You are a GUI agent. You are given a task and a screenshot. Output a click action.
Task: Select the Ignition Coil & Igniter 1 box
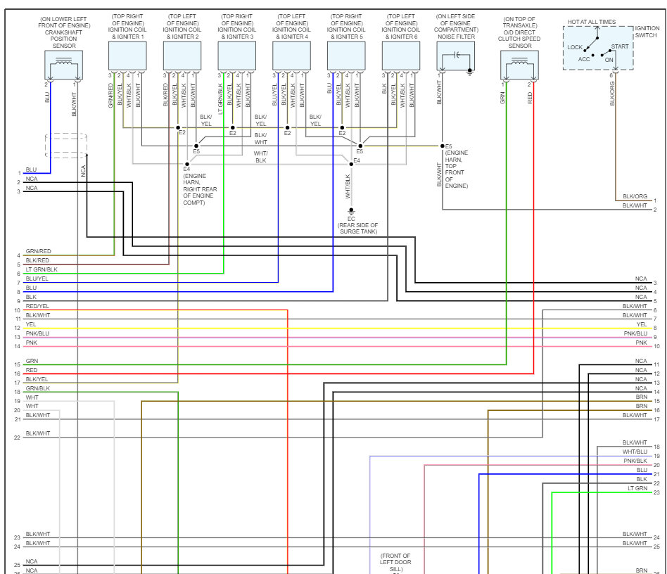point(127,56)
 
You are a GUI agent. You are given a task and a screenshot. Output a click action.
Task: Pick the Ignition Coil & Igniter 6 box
point(401,56)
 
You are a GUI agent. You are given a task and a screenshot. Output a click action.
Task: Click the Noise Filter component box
point(456,56)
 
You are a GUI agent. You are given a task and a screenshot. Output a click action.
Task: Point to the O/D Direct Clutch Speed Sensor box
point(519,65)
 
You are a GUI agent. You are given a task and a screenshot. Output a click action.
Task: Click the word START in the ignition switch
point(620,46)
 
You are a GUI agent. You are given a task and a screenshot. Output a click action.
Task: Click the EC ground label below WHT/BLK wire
point(351,219)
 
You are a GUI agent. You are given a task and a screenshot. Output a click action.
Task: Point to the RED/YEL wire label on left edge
point(37,306)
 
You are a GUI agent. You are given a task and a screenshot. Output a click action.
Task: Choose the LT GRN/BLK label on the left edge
point(42,269)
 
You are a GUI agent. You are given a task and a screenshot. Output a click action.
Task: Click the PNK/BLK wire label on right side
point(635,461)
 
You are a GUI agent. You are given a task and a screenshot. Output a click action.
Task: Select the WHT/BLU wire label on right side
point(635,452)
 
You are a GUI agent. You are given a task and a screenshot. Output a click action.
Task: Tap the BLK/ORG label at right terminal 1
point(635,196)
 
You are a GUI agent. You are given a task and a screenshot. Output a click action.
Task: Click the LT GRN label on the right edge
point(637,488)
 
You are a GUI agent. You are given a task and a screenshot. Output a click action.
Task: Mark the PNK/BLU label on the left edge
point(37,333)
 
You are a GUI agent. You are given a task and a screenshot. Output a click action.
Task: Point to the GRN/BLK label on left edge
point(37,388)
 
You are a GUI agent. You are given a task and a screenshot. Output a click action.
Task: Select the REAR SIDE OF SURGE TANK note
point(357,228)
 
